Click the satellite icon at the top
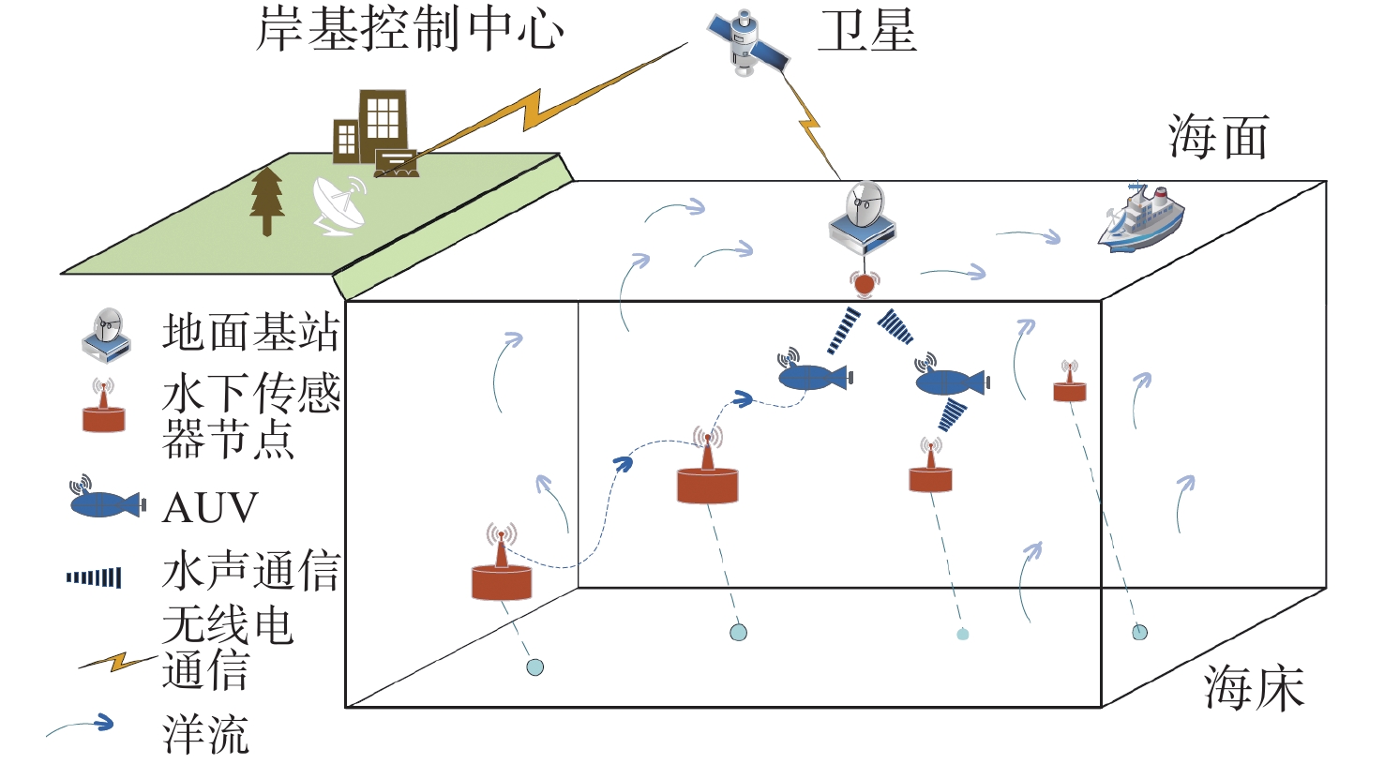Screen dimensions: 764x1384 coord(747,42)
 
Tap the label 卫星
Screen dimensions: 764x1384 coord(866,31)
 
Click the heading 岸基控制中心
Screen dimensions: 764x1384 coord(410,29)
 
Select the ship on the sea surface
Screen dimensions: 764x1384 coord(1140,217)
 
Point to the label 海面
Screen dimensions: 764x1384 coord(1218,138)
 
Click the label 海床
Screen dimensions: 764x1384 coord(1254,688)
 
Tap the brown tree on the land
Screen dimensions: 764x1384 coord(267,200)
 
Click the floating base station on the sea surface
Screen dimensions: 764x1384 coord(863,220)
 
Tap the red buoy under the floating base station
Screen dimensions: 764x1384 coord(864,282)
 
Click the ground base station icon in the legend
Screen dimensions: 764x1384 coord(106,335)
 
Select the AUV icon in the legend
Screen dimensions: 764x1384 coord(105,501)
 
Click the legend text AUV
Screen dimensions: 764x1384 coord(210,507)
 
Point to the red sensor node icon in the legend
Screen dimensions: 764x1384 coord(103,408)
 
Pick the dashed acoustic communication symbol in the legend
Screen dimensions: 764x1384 coord(94,577)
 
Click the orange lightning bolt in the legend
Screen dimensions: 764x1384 coord(117,662)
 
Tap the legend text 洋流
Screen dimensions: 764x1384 coord(205,734)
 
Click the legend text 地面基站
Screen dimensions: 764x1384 coord(250,333)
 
